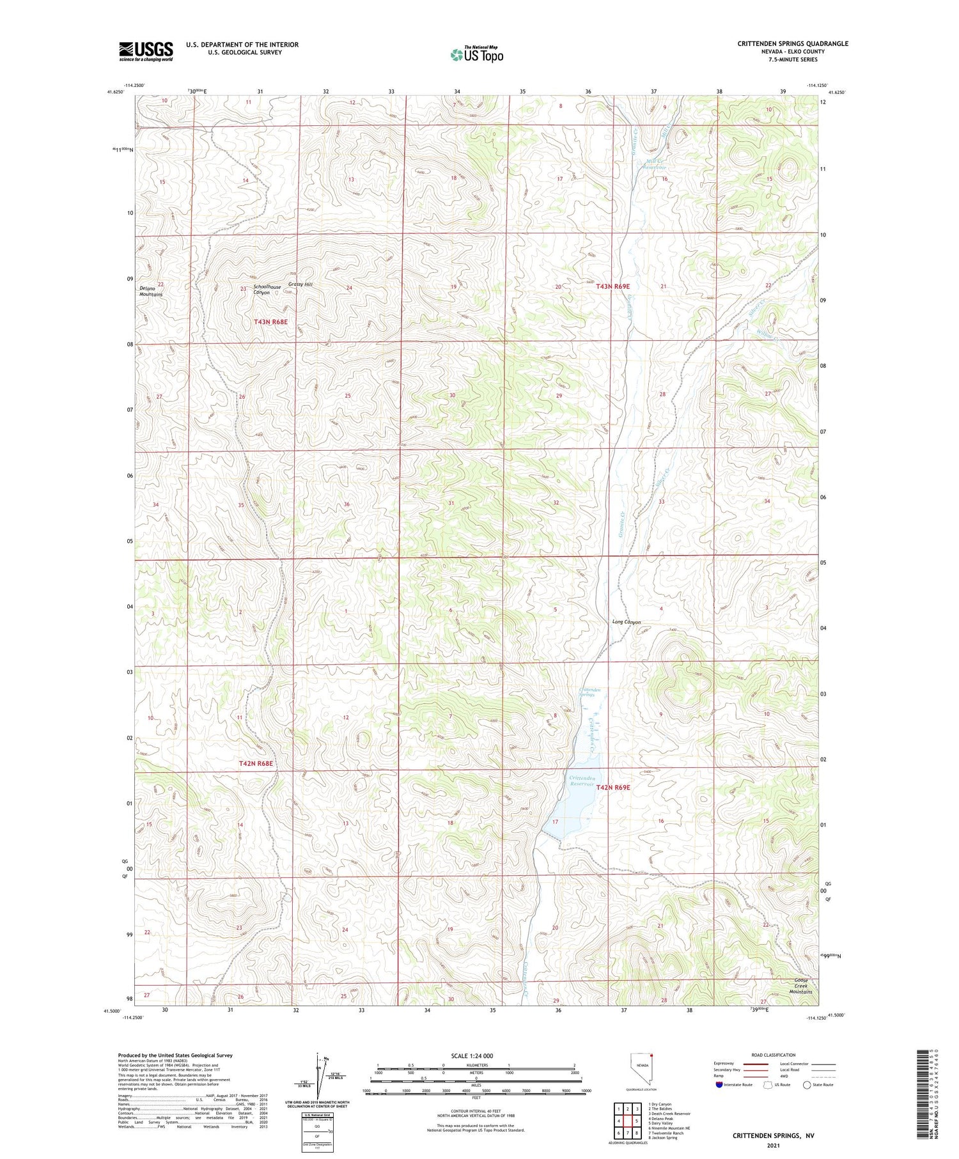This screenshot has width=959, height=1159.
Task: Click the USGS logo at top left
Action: [146, 51]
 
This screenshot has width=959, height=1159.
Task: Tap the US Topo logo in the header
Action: [476, 55]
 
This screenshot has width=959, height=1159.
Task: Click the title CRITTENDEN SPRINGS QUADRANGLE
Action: [793, 43]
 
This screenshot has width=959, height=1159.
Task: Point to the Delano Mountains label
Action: [152, 292]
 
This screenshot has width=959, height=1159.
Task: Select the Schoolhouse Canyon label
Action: [267, 290]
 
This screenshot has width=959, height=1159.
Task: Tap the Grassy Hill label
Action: [300, 284]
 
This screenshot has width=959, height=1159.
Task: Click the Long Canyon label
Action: [626, 622]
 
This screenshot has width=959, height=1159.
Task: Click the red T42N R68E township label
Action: [256, 763]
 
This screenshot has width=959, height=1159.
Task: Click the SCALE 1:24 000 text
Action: [465, 1055]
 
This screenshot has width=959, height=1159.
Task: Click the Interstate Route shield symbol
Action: [719, 1085]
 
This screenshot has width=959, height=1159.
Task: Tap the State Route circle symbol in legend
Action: [807, 1085]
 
